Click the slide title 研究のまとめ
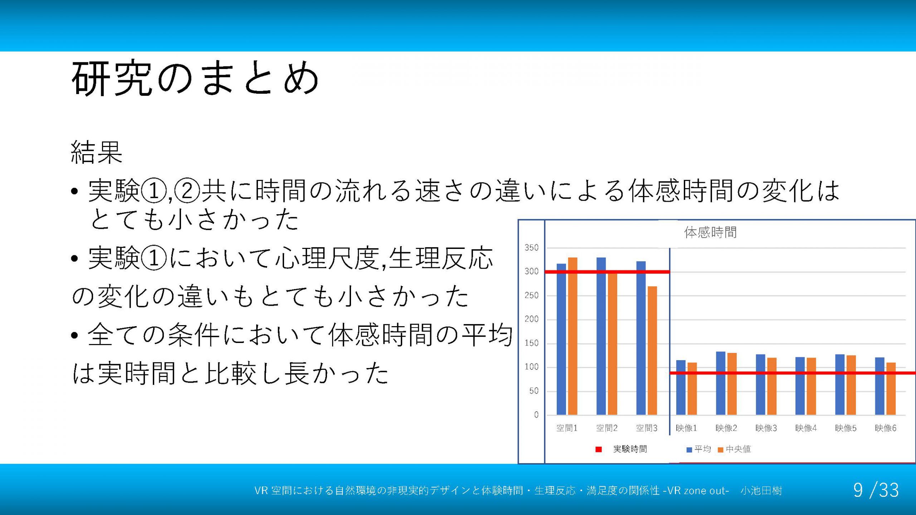[x=195, y=78]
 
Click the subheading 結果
[x=97, y=152]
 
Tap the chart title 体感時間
[x=710, y=232]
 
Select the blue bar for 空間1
[x=561, y=339]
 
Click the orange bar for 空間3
[x=652, y=350]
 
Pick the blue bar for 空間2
[x=601, y=336]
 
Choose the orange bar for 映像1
[x=692, y=389]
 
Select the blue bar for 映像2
[x=721, y=383]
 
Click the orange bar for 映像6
[x=891, y=389]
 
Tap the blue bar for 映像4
[x=800, y=386]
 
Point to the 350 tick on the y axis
[x=531, y=247]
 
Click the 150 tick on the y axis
[x=531, y=343]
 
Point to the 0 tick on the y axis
[x=536, y=415]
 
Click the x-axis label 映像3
[x=766, y=428]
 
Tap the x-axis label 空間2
[x=607, y=428]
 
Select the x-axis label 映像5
[x=846, y=428]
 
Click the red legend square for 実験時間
[x=599, y=450]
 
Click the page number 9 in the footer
[x=858, y=490]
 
